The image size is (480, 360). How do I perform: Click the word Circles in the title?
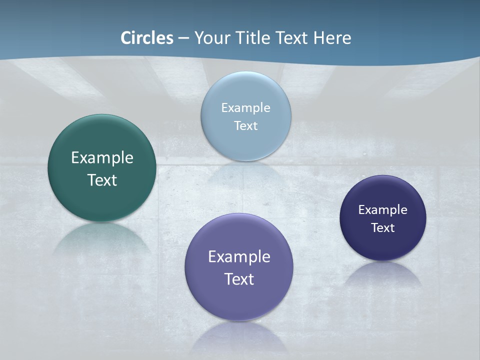(147, 38)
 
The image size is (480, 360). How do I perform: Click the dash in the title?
(183, 38)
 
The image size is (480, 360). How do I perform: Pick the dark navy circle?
(383, 245)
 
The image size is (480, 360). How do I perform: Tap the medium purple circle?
(239, 300)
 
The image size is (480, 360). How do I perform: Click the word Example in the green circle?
(102, 158)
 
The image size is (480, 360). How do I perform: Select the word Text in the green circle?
(102, 180)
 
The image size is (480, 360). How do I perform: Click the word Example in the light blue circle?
(245, 108)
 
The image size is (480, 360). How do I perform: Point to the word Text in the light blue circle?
(245, 125)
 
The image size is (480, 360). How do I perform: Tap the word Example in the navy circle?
(383, 210)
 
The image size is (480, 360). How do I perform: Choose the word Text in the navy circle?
(383, 228)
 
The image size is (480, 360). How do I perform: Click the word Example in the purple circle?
(239, 257)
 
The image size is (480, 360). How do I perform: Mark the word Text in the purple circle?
(239, 279)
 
